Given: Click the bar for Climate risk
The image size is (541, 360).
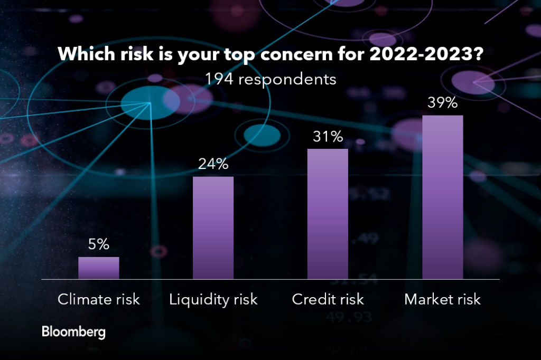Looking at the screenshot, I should coord(99,268).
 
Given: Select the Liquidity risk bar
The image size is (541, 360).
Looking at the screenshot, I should coord(213,228).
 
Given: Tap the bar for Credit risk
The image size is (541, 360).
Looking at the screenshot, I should coord(328,214).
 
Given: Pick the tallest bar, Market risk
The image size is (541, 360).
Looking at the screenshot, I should coord(443,197).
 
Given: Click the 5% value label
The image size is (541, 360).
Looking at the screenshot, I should coord(99,244).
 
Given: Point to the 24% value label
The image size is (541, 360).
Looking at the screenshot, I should coord(213,164).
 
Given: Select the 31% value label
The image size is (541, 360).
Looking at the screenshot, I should coord(328,137).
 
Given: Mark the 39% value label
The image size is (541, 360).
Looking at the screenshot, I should coord(443,103).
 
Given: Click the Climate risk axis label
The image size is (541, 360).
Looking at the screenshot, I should coord(99,300).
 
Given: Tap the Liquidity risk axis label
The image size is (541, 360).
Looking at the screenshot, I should coord(213,300).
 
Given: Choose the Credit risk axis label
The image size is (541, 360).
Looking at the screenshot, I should coord(328,300).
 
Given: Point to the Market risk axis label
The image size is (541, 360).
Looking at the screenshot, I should coord(443,300).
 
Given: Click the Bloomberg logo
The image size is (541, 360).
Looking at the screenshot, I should coord(73,333).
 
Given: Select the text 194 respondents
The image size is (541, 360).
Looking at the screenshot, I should coord(270,80).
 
